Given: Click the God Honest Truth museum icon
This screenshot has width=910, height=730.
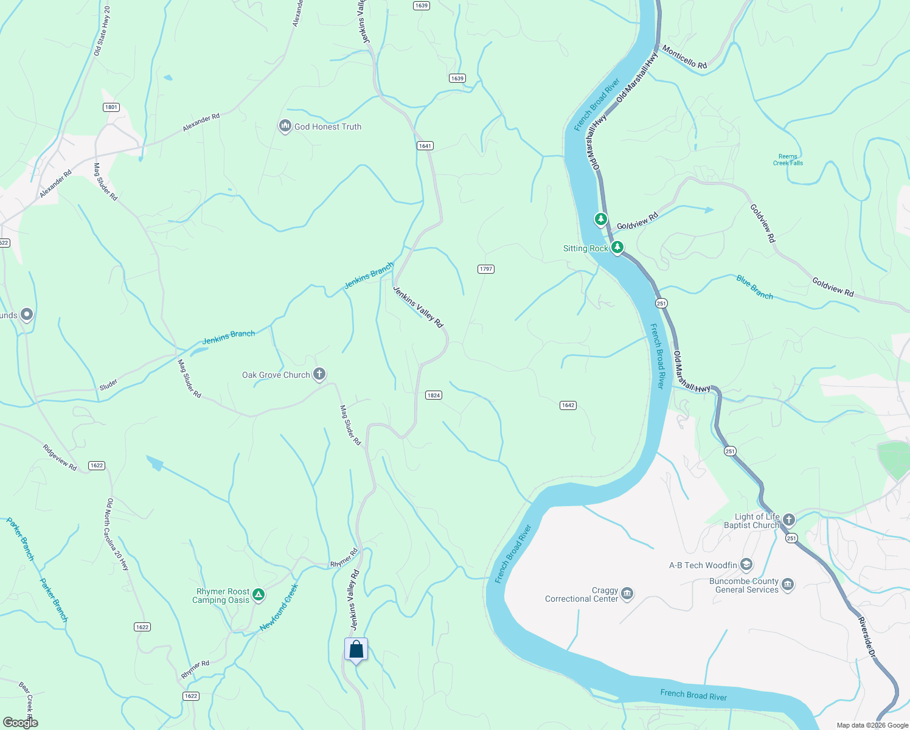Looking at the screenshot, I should point(285,126).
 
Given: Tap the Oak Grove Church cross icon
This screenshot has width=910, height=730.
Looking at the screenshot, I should point(319,374).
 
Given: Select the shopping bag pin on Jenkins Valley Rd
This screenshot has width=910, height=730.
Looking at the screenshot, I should point(356,650).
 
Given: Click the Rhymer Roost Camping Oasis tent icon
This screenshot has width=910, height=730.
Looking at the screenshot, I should point(259,595).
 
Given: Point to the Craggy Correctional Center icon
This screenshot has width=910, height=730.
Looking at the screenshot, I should point(627,593).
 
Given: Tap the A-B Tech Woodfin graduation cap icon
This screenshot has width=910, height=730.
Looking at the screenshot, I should point(746,565).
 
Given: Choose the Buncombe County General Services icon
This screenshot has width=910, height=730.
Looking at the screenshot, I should point(788,585).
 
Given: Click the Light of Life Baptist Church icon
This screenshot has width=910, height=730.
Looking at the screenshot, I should point(789,520).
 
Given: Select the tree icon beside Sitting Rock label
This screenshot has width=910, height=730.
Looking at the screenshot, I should point(617,247).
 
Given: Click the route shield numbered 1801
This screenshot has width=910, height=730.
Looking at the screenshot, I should point(111,107).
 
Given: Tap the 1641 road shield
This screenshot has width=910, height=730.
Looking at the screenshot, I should point(425,145).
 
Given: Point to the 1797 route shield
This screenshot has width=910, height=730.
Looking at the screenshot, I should point(485,269).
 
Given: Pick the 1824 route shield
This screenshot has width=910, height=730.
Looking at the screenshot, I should point(433,395).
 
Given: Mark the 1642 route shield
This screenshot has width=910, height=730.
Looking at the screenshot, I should point(568,405).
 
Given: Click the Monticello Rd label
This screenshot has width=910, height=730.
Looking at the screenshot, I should point(684,57).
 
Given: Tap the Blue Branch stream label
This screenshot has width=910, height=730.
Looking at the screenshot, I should point(754,287).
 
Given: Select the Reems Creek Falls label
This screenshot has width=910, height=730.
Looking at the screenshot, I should point(788,160).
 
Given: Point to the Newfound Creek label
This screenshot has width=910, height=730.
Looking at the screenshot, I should point(279,607).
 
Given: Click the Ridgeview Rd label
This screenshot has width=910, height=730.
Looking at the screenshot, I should point(60,457).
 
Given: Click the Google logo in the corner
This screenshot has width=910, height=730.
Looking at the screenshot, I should point(20,722).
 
